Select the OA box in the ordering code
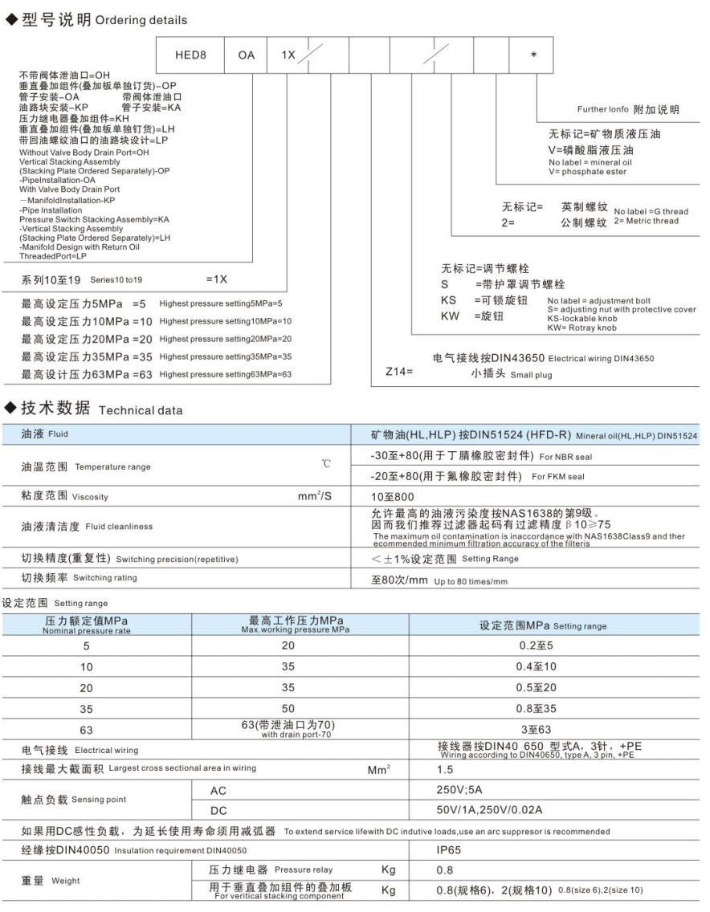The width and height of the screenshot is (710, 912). pyautogui.click(x=246, y=57)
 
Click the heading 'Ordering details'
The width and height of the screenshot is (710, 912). pyautogui.click(x=141, y=20)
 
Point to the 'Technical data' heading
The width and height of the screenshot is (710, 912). pyautogui.click(x=141, y=410)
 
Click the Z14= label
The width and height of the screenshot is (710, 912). pyautogui.click(x=399, y=372)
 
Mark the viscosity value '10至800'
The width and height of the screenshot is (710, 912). pyautogui.click(x=393, y=497)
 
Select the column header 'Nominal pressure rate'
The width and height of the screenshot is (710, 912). pyautogui.click(x=86, y=631)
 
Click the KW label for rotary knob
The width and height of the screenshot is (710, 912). pyautogui.click(x=450, y=316)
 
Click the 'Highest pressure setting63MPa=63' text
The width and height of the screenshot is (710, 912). pyautogui.click(x=226, y=374)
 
